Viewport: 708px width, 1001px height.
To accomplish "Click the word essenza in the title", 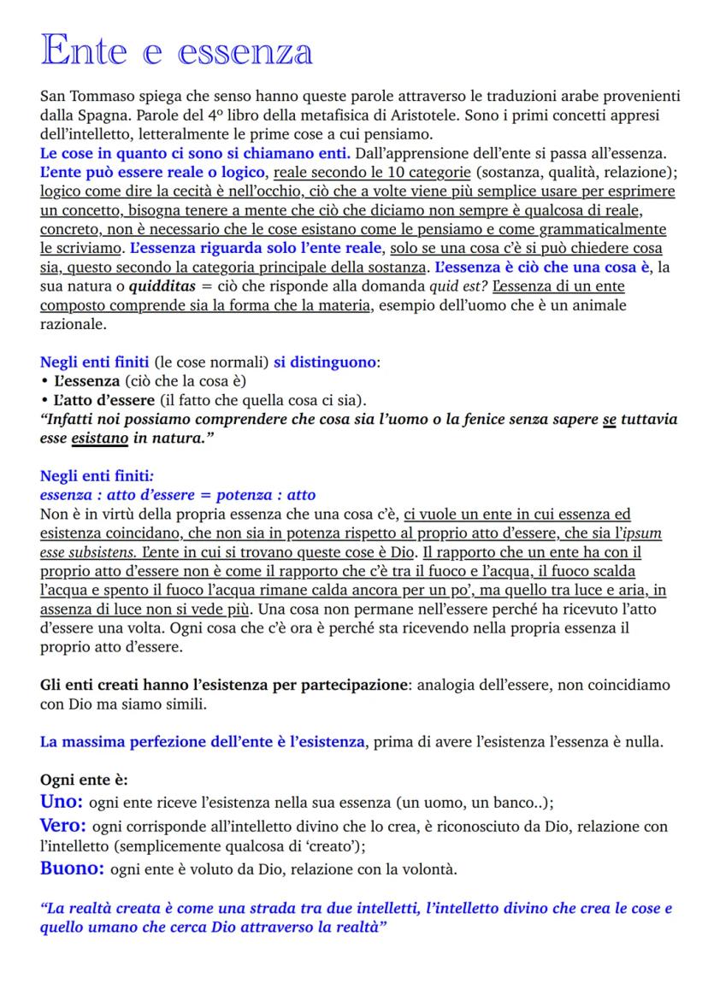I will tap(245, 52).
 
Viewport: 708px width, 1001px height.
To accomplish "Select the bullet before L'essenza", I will tap(44, 381).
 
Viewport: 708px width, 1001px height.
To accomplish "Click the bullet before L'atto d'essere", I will tap(44, 400).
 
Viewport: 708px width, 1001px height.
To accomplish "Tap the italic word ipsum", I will tap(645, 533).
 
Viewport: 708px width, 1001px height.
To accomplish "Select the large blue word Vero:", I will tap(62, 826).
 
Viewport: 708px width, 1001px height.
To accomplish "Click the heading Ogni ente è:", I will tap(85, 780).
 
